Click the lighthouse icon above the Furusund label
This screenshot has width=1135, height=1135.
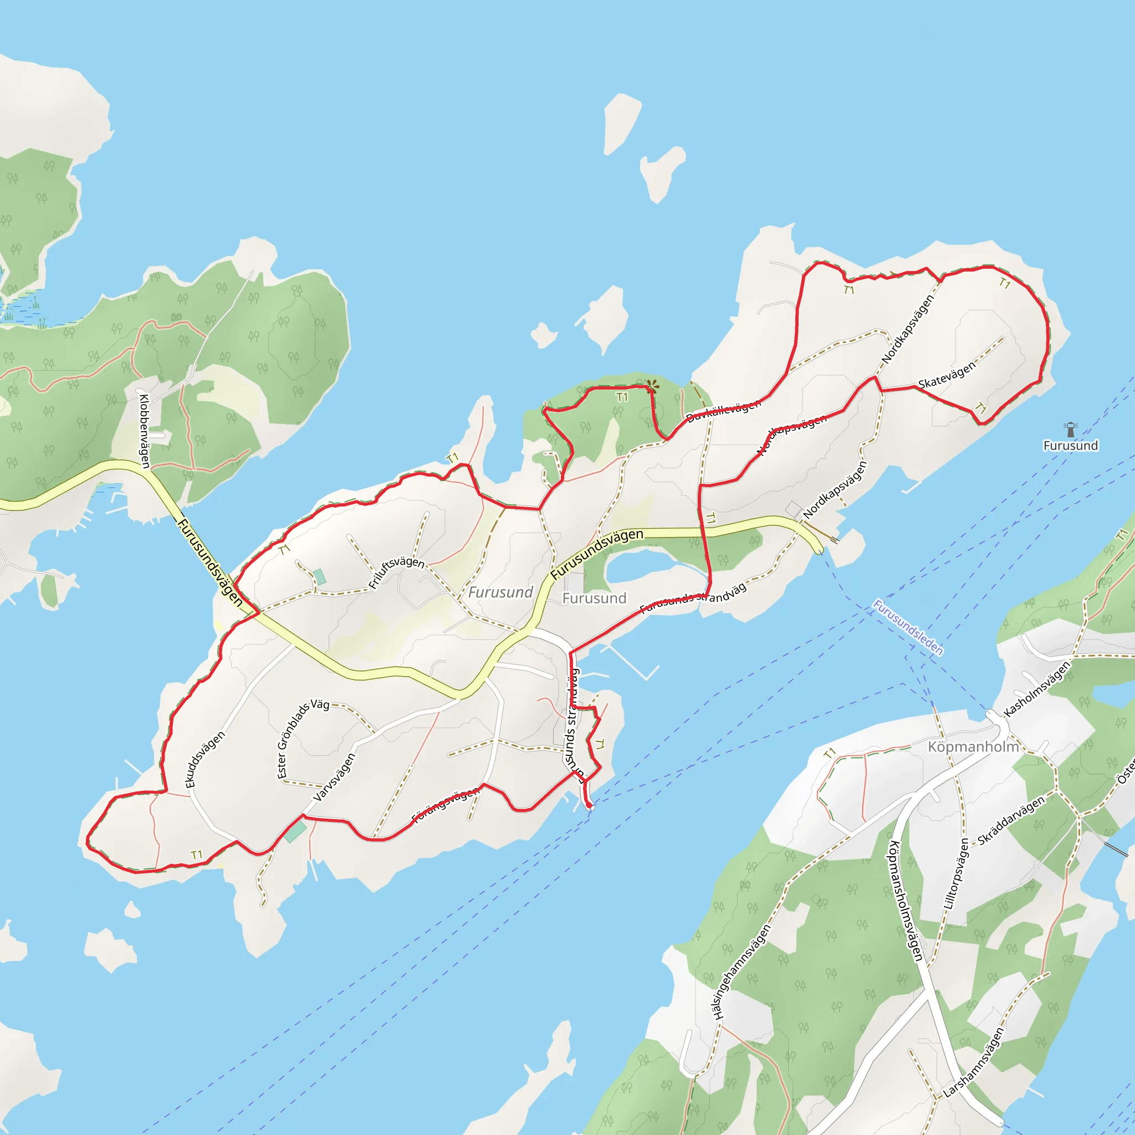[x=1070, y=430]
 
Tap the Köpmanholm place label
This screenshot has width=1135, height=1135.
[x=973, y=747]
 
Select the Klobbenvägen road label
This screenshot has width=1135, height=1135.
[x=144, y=431]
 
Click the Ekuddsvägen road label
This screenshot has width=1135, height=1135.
[x=204, y=759]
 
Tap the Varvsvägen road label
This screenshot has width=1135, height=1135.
[x=334, y=777]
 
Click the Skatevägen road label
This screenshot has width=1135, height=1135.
[x=947, y=375]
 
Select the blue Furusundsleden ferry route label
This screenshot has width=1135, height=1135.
[x=908, y=627]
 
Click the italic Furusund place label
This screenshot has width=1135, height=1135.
[x=500, y=592]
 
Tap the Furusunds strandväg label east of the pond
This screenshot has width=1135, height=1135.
[x=693, y=598]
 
